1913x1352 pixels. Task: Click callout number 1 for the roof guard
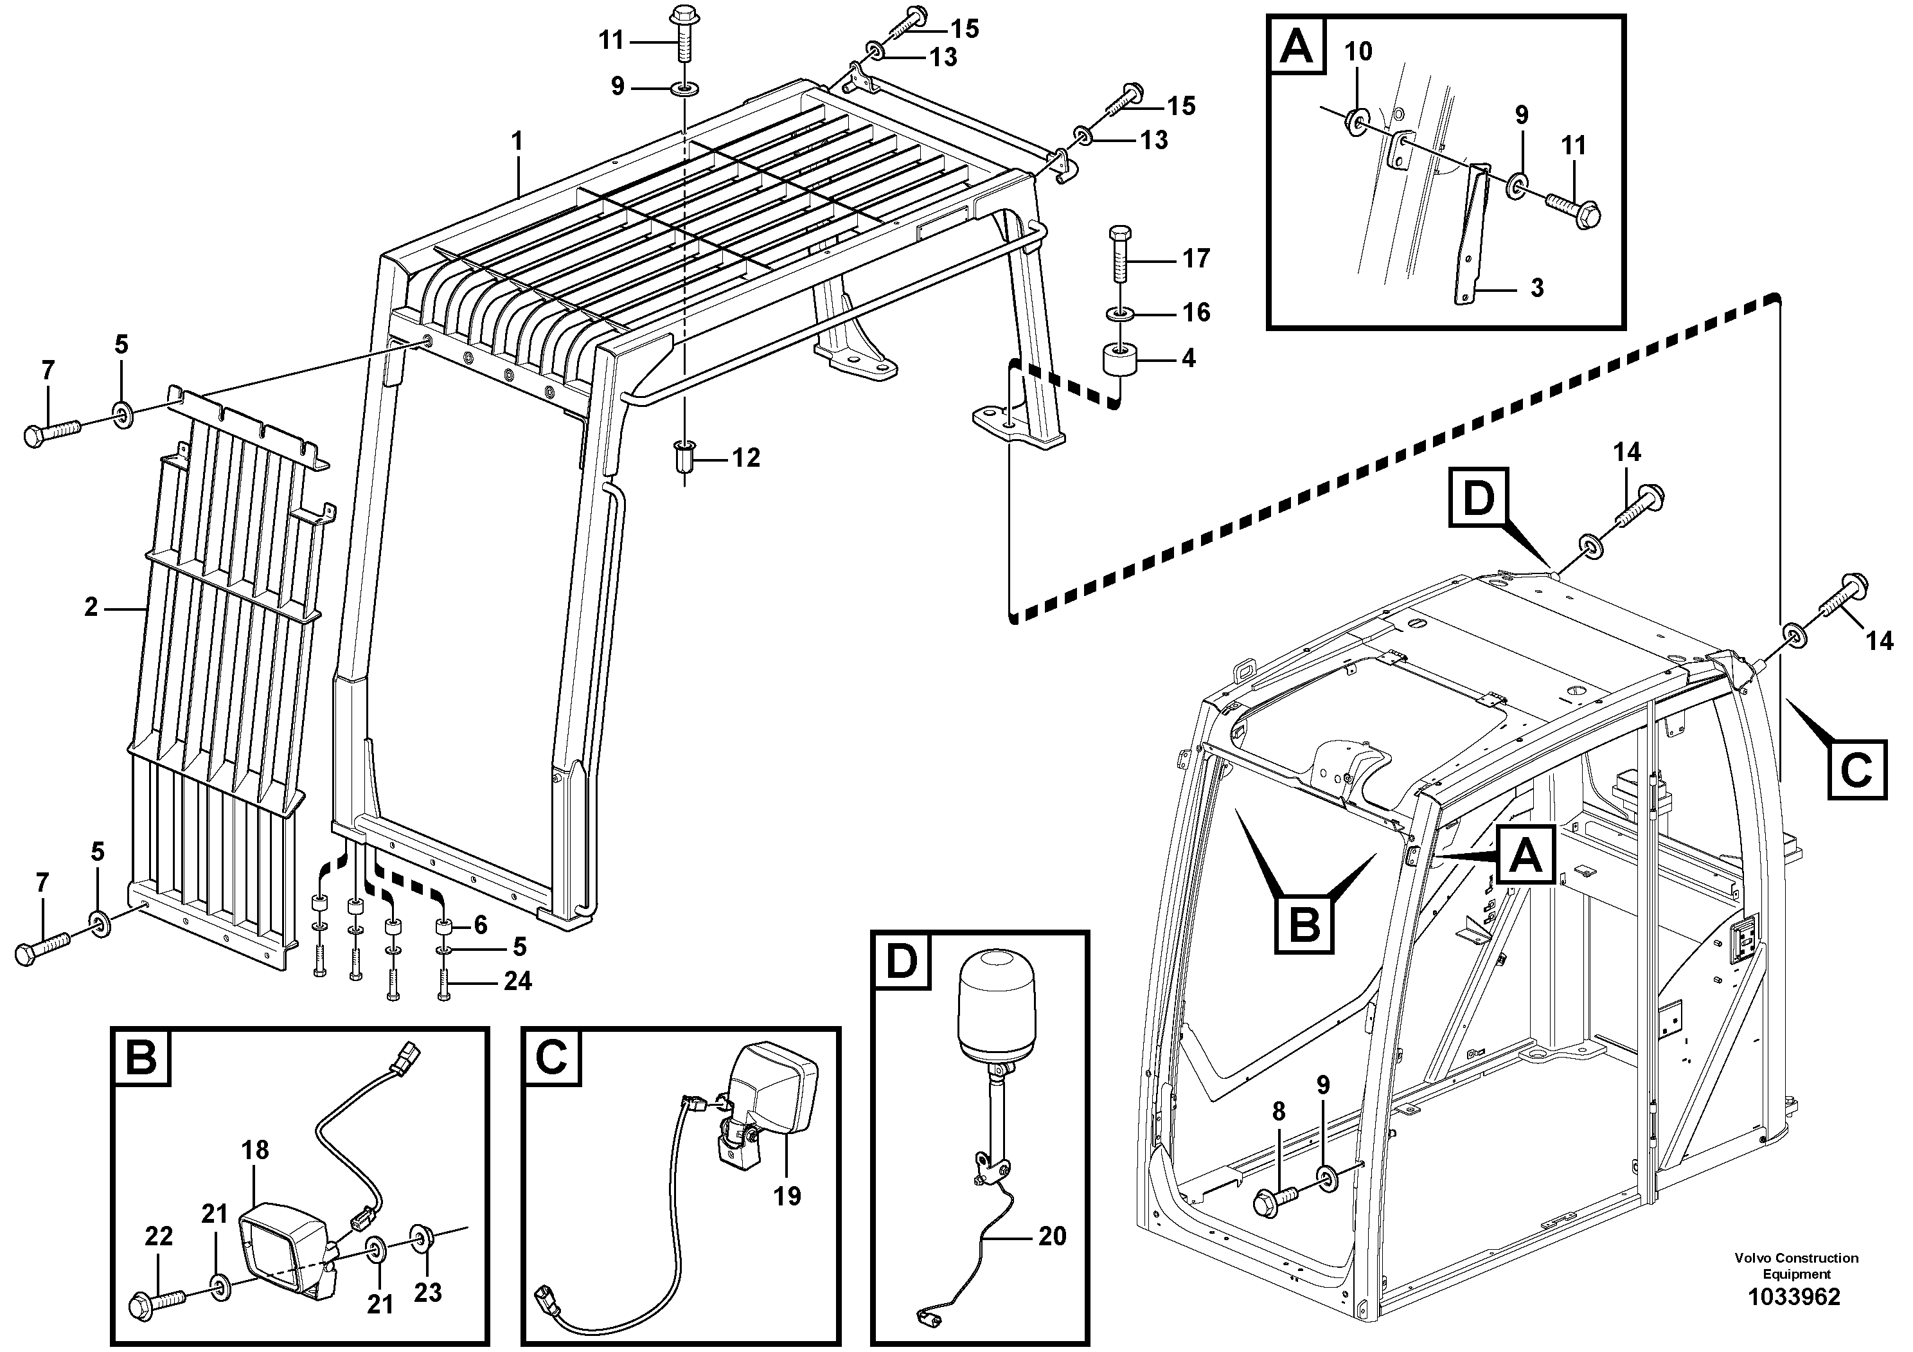pyautogui.click(x=517, y=141)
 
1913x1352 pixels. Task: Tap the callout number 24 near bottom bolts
pyautogui.click(x=517, y=981)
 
